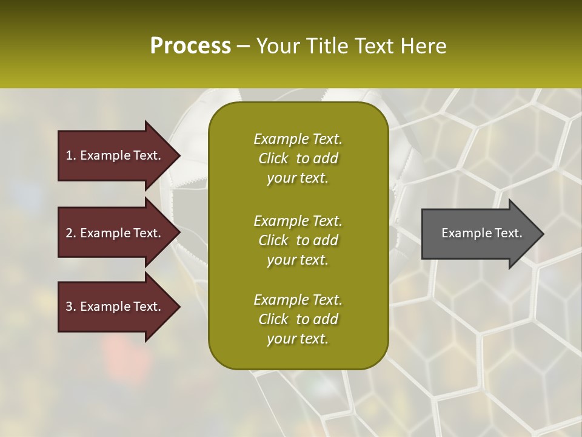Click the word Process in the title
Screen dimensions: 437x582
[x=190, y=46]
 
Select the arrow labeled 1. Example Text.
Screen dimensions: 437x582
[x=115, y=155]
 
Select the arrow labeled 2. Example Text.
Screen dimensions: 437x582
[x=115, y=233]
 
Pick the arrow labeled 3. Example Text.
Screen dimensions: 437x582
[x=115, y=307]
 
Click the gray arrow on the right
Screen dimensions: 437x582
[x=479, y=233]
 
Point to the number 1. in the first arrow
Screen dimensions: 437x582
[x=71, y=155]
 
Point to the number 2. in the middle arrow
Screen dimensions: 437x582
[x=71, y=233]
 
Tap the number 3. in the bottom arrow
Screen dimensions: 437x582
[x=71, y=307]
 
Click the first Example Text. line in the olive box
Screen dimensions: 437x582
[x=298, y=139]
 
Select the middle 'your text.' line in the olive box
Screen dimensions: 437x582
[x=298, y=260]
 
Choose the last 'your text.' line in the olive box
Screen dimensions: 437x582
[x=298, y=339]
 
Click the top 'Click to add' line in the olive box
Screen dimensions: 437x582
[x=298, y=158]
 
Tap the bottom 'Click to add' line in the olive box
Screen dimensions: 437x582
[x=298, y=319]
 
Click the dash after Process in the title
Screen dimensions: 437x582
[x=243, y=46]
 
